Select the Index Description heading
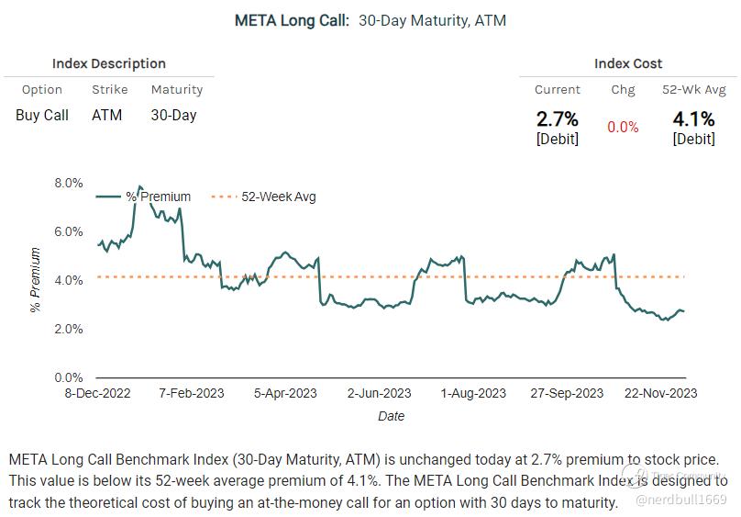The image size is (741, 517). (108, 63)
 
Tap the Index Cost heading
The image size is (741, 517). (628, 63)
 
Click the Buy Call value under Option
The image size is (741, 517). (42, 115)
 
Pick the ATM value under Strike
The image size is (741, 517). (106, 115)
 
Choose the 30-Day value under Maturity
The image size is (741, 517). (173, 115)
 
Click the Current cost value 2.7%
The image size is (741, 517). (558, 118)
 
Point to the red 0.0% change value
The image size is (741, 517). (623, 127)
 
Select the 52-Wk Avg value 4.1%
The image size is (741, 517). (693, 118)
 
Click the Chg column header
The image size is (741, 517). (623, 90)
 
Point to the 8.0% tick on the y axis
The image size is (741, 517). (69, 183)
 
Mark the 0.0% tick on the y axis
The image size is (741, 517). (69, 377)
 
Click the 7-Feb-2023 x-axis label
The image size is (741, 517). (192, 393)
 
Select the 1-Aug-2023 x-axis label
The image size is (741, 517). (473, 393)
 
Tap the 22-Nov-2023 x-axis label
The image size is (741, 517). (659, 393)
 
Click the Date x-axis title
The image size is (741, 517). (391, 416)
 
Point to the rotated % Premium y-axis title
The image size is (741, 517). (36, 280)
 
